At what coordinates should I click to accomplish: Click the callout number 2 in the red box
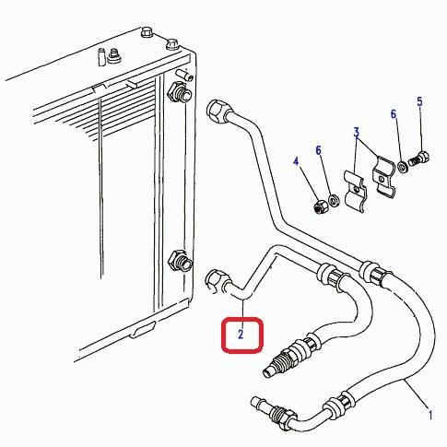[241, 334]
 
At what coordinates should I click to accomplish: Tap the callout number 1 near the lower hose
[430, 415]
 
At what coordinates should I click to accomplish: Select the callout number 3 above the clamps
[356, 133]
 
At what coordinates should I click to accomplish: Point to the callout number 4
[296, 161]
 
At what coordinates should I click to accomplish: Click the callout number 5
[419, 101]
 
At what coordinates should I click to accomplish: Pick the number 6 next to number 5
[394, 114]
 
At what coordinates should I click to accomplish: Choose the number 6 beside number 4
[318, 150]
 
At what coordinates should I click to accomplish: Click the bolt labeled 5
[418, 159]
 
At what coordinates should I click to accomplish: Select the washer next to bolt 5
[402, 166]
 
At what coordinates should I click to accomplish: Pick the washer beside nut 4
[334, 200]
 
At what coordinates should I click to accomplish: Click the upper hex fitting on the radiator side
[179, 92]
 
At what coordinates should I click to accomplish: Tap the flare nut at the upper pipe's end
[218, 111]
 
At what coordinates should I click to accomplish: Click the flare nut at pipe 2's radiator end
[217, 281]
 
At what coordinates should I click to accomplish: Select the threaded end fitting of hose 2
[278, 362]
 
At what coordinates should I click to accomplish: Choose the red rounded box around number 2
[242, 335]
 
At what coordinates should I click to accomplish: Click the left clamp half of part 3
[355, 191]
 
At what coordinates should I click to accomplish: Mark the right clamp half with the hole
[383, 177]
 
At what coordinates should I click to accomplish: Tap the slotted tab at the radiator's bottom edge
[142, 329]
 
